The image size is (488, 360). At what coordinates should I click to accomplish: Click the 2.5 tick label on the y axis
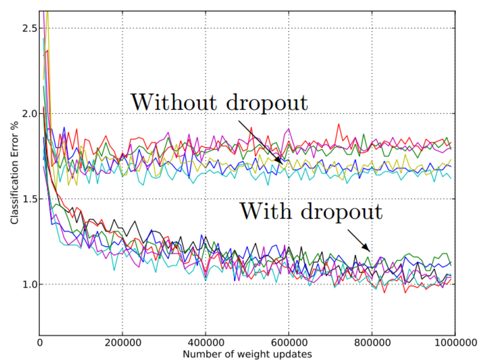(29, 29)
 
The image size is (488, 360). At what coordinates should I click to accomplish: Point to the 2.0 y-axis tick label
(29, 114)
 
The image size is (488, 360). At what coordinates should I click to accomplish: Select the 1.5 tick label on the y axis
(29, 199)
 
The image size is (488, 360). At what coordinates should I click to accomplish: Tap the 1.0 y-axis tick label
(29, 285)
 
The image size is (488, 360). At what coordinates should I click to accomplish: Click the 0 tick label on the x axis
(40, 343)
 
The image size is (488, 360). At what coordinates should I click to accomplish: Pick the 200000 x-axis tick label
(123, 343)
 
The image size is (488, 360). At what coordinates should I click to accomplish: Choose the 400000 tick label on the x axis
(206, 343)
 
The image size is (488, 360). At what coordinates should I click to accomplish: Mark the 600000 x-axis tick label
(289, 343)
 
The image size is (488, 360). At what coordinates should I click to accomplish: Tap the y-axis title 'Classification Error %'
(15, 173)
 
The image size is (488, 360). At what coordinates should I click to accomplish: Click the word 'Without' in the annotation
(174, 102)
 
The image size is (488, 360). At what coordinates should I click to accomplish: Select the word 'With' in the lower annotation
(266, 211)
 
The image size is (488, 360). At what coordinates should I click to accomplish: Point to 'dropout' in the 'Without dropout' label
(267, 105)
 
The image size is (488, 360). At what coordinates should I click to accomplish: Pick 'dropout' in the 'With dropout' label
(341, 213)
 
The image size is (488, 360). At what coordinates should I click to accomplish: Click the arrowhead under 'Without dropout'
(279, 161)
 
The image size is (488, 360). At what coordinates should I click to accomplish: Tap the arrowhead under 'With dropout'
(367, 248)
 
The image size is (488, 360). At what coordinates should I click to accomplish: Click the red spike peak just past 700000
(339, 124)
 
